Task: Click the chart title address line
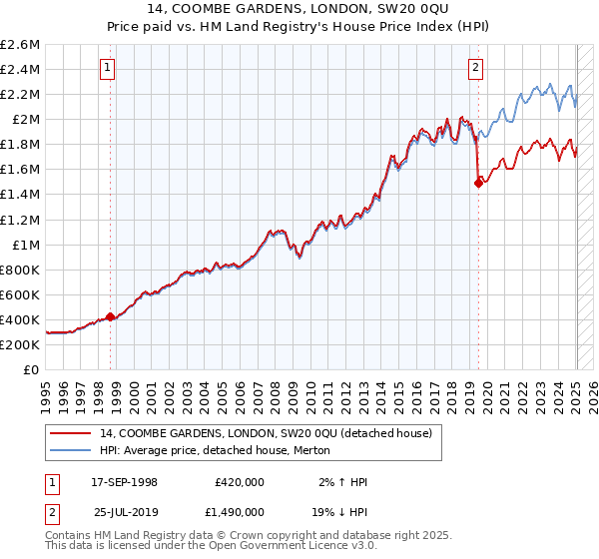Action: [x=299, y=11]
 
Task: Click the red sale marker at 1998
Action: [x=110, y=316]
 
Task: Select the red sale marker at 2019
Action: [x=478, y=182]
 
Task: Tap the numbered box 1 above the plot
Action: [x=107, y=68]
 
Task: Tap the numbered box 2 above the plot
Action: [x=475, y=68]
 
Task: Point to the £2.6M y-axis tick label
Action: [x=20, y=45]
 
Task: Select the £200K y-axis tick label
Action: [x=20, y=344]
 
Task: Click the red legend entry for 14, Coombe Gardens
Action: [x=265, y=434]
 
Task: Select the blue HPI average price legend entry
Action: [x=221, y=451]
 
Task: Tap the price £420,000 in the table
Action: [x=239, y=482]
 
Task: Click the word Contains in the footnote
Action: [x=70, y=537]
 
